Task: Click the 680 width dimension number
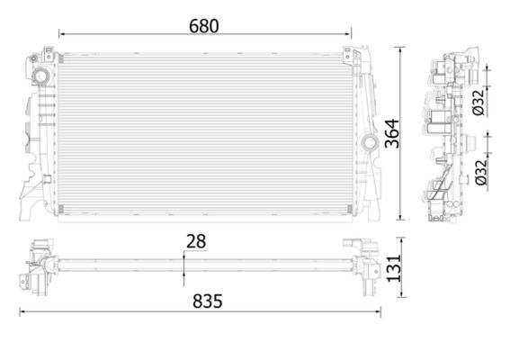[204, 26]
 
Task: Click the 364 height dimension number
[392, 133]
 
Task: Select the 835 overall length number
[208, 301]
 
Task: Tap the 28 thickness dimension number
[196, 241]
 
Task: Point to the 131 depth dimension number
[394, 268]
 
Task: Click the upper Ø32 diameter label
[479, 103]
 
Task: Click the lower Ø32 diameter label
[481, 172]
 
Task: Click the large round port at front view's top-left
[41, 76]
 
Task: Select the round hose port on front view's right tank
[370, 142]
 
